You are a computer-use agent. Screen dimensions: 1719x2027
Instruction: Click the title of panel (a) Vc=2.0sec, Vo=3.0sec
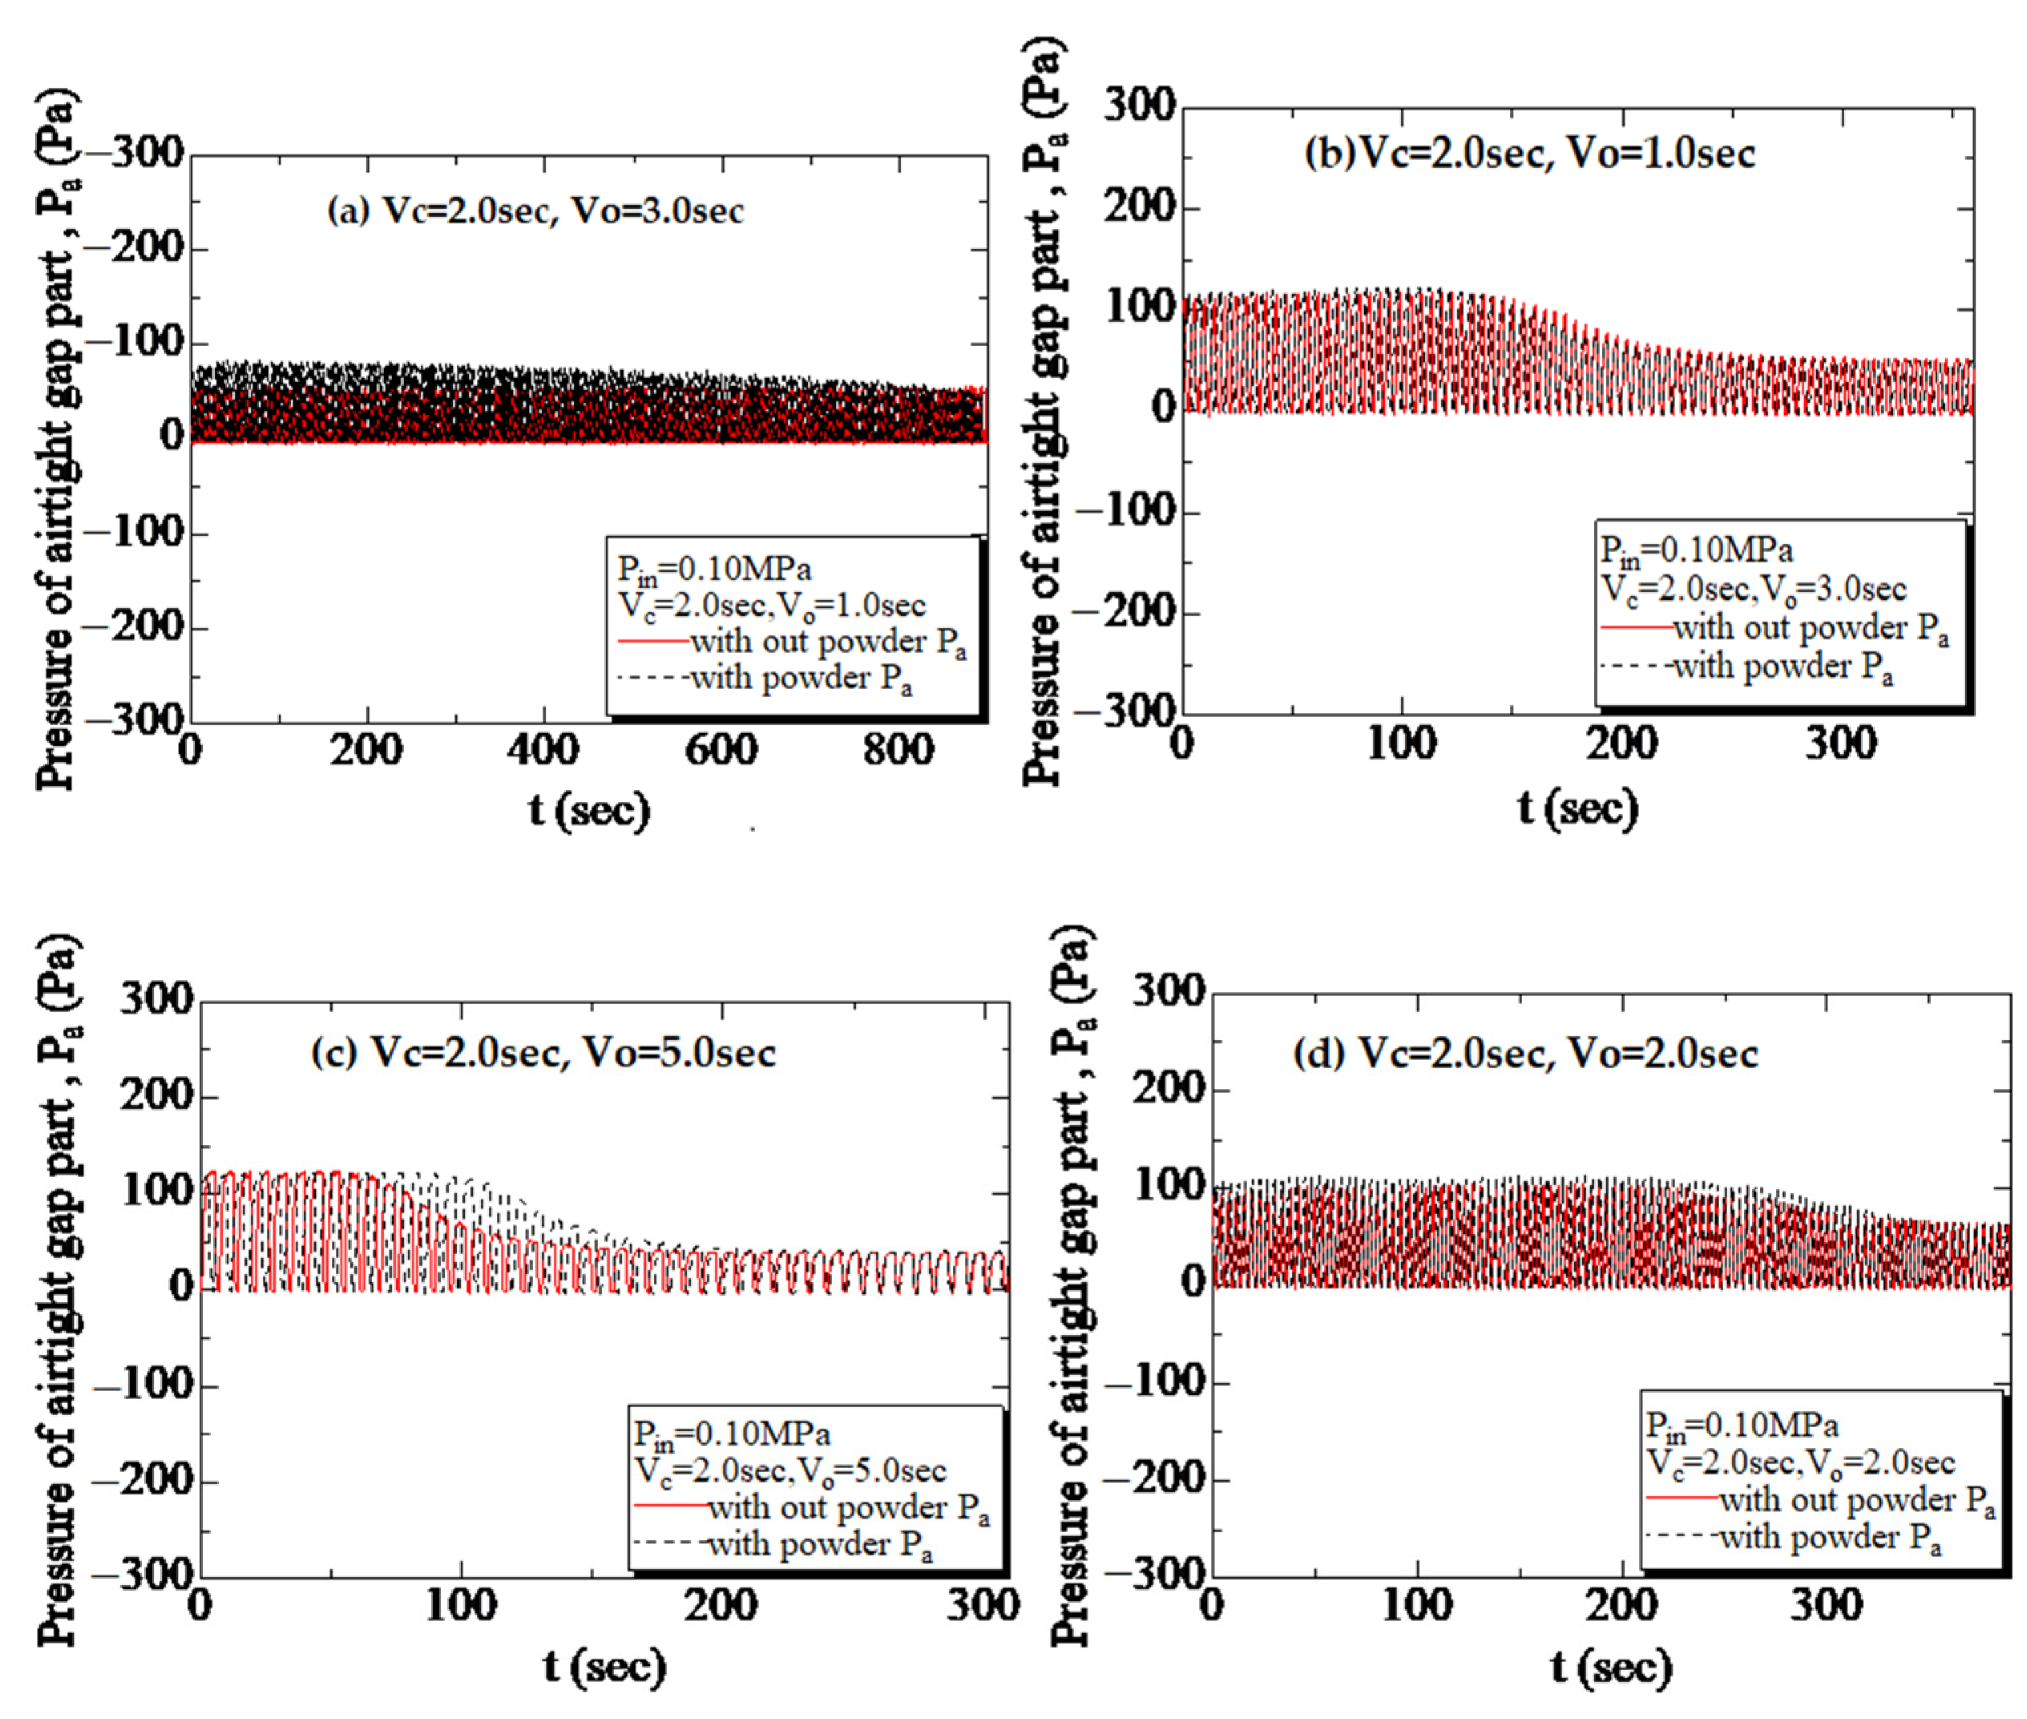(x=535, y=211)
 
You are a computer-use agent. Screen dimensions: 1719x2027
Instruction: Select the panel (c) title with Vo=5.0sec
(x=542, y=1052)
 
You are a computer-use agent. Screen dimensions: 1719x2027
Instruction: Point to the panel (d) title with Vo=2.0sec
(x=1525, y=1054)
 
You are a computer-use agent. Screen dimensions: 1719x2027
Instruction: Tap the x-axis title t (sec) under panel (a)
(x=588, y=810)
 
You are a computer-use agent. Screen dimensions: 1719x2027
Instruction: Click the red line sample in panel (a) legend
(x=653, y=641)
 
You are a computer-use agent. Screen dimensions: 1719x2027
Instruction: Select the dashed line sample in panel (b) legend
(x=1635, y=667)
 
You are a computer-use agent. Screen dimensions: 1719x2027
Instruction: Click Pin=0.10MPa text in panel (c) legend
(x=732, y=1433)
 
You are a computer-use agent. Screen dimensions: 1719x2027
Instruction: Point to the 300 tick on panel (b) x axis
(x=1840, y=745)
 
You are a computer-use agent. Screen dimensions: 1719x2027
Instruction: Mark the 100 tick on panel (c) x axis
(x=461, y=1604)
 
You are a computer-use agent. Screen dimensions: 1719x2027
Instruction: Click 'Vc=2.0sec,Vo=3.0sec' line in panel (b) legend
(x=1753, y=588)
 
